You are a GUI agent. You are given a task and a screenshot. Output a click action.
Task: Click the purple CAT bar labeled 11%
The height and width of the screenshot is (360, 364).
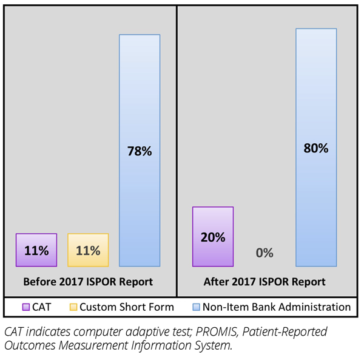[x=36, y=250]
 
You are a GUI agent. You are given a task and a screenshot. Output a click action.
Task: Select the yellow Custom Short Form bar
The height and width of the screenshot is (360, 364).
[x=88, y=250]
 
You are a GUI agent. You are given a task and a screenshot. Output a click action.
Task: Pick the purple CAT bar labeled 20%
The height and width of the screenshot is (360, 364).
[x=213, y=237]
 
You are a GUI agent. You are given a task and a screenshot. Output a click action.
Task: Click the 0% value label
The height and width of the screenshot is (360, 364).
[x=265, y=253]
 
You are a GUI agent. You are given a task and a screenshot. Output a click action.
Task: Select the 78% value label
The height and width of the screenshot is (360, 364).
[x=140, y=151]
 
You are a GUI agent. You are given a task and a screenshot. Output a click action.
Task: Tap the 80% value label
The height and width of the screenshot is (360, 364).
[x=316, y=148]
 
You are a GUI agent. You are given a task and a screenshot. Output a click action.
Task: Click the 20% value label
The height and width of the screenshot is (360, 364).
[x=213, y=237]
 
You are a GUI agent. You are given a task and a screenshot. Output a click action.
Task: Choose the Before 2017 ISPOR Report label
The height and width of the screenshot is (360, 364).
[x=88, y=282]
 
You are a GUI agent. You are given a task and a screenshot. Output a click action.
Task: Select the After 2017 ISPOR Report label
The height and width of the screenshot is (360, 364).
[x=265, y=282]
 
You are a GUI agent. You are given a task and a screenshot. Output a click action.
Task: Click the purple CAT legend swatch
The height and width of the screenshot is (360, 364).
[x=26, y=307]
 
